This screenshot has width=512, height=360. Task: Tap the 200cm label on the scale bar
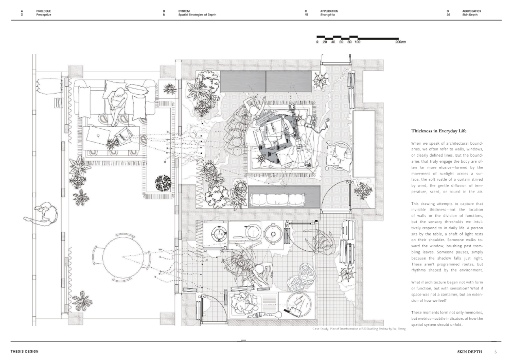[400, 42]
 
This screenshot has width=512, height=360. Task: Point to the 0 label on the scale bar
[317, 42]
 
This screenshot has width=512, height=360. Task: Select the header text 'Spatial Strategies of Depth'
[197, 15]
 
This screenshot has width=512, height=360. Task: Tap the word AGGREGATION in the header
[471, 11]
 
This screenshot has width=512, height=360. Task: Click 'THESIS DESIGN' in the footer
[25, 352]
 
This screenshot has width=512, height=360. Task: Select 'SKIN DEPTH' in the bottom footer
[469, 352]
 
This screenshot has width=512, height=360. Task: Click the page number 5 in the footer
[495, 352]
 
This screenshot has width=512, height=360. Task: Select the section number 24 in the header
[449, 15]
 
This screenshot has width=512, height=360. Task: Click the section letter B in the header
[164, 11]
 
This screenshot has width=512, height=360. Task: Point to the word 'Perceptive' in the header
[44, 15]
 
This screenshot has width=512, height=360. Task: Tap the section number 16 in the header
[306, 15]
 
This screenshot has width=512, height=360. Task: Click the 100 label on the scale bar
[357, 42]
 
